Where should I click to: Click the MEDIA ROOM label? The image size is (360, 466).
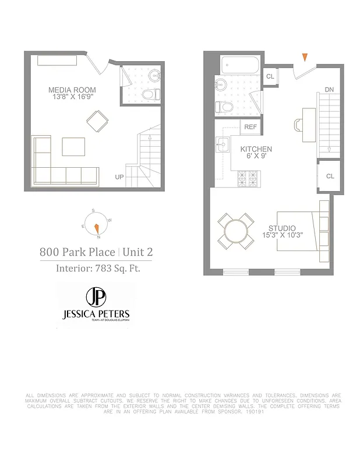[72, 90]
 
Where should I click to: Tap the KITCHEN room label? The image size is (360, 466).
[256, 150]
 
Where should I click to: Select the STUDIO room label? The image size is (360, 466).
[282, 228]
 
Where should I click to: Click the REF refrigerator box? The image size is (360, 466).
[250, 127]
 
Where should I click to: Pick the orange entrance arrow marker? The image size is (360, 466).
[304, 57]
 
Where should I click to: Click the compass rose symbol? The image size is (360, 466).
[96, 224]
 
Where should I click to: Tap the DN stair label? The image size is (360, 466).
[329, 90]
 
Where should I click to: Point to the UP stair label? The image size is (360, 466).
[119, 176]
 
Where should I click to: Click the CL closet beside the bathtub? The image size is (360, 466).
[270, 76]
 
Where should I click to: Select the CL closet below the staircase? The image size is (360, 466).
[330, 176]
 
